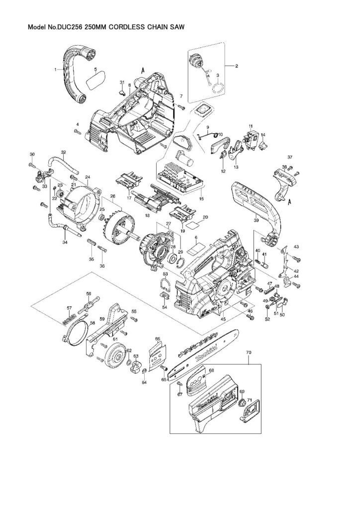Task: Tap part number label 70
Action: [x=249, y=352]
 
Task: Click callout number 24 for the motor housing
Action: [x=87, y=177]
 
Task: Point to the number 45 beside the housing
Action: [x=223, y=319]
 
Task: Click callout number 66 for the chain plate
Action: [x=158, y=339]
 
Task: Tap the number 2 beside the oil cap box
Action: [x=237, y=66]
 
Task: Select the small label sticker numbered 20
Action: [x=205, y=217]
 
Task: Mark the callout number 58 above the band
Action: [x=89, y=294]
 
